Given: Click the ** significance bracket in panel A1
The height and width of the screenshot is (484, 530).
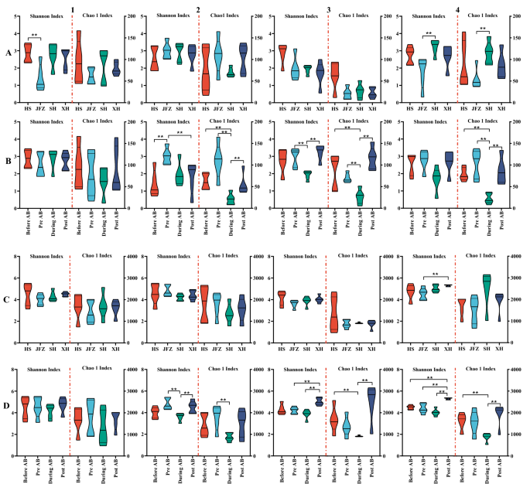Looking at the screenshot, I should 34,36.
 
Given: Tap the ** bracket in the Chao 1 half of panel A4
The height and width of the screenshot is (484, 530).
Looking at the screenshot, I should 482,31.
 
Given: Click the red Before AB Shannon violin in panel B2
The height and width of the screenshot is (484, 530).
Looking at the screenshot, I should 155,179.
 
